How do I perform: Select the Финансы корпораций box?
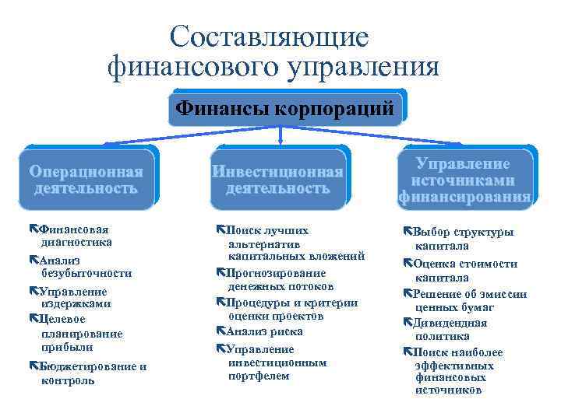pyautogui.click(x=285, y=108)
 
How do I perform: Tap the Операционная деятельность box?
pyautogui.click(x=86, y=180)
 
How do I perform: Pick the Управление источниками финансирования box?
pyautogui.click(x=464, y=180)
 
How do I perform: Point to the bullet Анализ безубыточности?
pyautogui.click(x=81, y=267)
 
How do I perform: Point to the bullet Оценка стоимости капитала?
pyautogui.click(x=464, y=270)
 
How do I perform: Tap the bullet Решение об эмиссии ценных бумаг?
pyautogui.click(x=467, y=300)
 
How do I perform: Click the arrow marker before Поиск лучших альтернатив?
pyautogui.click(x=221, y=231)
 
